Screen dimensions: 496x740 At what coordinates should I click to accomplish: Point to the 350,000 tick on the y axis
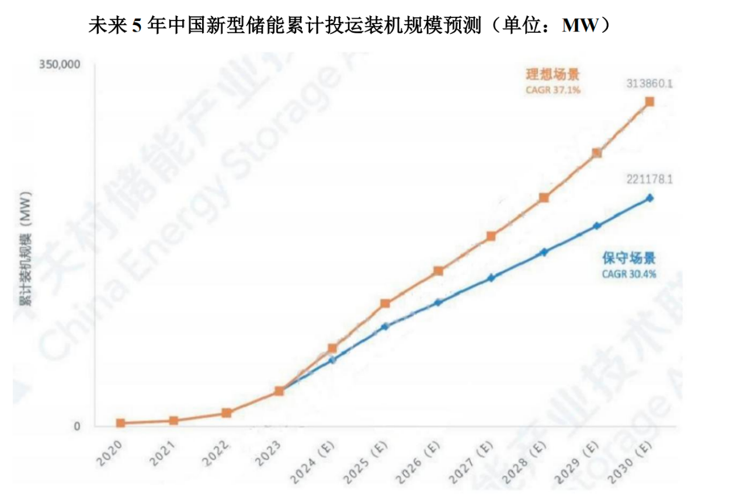tap(59, 64)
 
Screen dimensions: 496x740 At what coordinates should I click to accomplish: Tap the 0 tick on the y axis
tap(76, 427)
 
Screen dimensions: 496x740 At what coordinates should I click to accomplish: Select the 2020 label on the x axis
tap(110, 452)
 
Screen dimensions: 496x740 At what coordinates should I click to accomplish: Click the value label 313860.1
tap(649, 84)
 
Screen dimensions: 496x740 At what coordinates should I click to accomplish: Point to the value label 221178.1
tap(649, 180)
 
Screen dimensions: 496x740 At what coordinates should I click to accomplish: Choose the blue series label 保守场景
tap(628, 259)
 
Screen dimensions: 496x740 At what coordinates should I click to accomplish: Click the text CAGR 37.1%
tap(553, 90)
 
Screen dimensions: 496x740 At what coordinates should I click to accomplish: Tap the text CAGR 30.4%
tap(628, 273)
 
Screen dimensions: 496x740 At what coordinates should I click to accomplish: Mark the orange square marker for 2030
tap(649, 102)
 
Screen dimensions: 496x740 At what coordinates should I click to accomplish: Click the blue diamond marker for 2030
tap(649, 198)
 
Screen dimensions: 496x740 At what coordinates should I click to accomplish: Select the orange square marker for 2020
tap(120, 423)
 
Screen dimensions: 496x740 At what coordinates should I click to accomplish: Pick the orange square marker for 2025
tap(385, 303)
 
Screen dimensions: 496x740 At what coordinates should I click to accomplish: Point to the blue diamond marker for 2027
tap(491, 278)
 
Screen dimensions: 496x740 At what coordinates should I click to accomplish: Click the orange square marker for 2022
tap(227, 413)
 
